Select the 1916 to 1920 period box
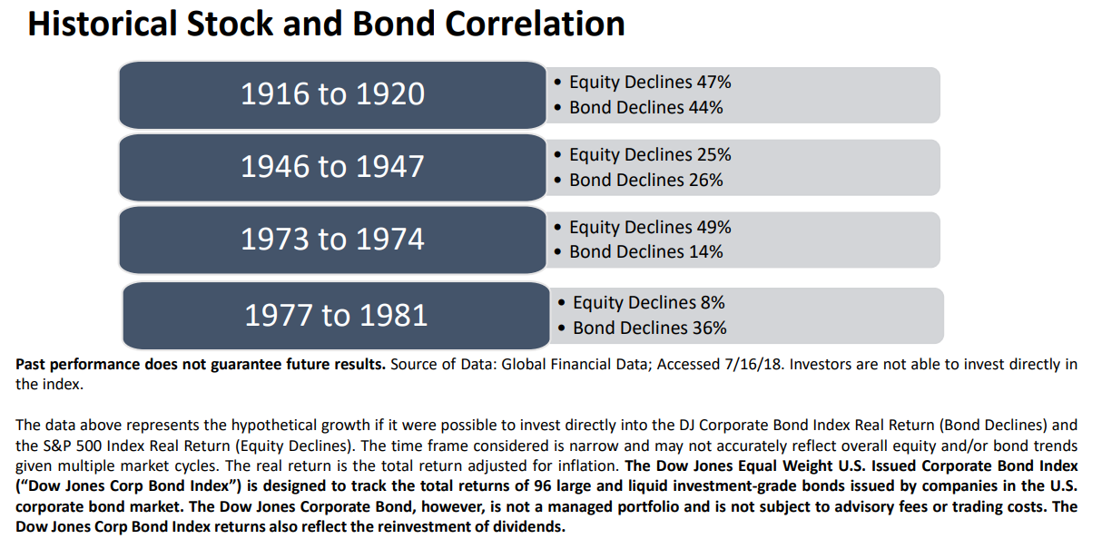[x=332, y=94]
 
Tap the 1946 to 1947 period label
[x=332, y=167]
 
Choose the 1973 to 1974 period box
[x=332, y=240]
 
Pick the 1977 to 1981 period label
[x=336, y=315]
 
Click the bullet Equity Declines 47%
[x=649, y=83]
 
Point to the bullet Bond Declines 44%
[x=645, y=108]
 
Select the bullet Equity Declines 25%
[x=649, y=155]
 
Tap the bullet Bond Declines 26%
[x=645, y=181]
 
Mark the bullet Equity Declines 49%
[x=649, y=228]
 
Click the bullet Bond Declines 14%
[x=645, y=252]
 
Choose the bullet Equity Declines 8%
[x=648, y=303]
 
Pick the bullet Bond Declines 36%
[x=649, y=328]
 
